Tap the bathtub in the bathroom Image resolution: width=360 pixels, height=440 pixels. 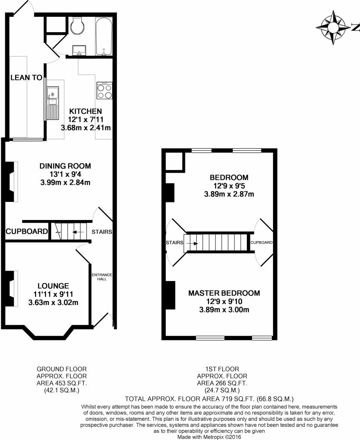coord(104,36)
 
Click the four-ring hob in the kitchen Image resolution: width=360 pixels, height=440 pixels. coord(105,90)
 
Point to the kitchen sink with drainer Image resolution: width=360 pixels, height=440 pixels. coord(53,103)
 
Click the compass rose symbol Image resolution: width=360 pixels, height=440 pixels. coord(333,27)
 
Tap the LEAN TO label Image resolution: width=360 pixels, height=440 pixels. coord(26,77)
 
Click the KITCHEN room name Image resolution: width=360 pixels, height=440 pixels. coord(85,111)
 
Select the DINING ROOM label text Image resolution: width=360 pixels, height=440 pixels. coord(65,166)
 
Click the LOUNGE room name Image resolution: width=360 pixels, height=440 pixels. coord(53,286)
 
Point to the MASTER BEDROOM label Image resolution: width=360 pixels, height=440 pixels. coord(224,293)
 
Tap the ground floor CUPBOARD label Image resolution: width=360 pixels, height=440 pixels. coord(27,232)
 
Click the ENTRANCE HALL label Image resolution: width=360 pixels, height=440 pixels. coord(102,277)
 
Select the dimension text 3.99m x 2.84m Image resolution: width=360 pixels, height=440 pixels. coord(65,183)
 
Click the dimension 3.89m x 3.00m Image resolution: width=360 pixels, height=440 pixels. coord(224,310)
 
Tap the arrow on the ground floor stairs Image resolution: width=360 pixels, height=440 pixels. coord(78,232)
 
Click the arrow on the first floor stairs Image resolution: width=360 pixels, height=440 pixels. coord(192,244)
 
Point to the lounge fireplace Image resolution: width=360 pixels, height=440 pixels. coord(11,288)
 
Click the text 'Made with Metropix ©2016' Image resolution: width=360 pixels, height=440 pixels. coord(209,437)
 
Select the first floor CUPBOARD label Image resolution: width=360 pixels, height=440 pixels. coord(262,242)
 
